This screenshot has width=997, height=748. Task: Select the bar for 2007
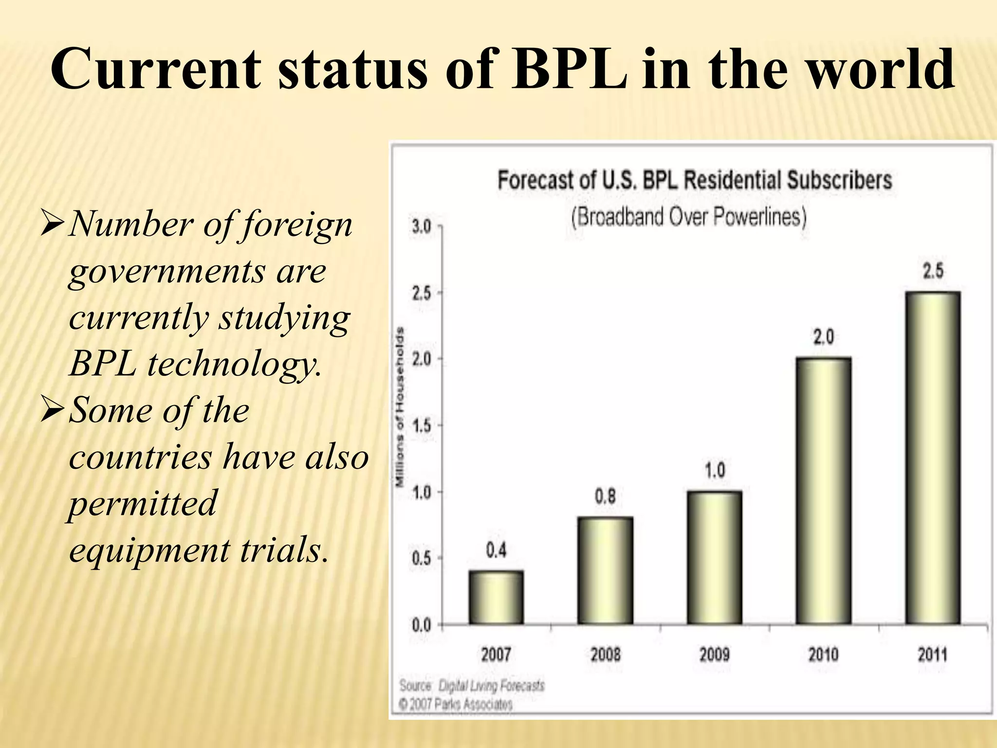[496, 598]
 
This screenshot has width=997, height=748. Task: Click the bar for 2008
[605, 571]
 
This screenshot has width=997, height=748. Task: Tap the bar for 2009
[714, 558]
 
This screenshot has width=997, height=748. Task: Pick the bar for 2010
[823, 491]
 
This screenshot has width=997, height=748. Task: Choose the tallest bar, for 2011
[932, 458]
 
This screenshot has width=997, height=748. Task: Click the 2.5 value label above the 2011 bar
[933, 271]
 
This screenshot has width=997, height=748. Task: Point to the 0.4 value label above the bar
[496, 550]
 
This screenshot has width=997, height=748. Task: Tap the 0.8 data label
[605, 496]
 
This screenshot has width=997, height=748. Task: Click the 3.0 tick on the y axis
[422, 227]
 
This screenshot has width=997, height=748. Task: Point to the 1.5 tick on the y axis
[422, 426]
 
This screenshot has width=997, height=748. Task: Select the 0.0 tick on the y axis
[422, 625]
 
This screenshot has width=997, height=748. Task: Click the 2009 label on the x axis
[714, 654]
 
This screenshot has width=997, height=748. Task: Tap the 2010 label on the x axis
[823, 654]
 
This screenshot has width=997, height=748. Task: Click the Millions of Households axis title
[400, 407]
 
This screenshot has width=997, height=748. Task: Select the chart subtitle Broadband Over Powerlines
[688, 217]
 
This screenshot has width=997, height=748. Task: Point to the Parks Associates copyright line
[456, 704]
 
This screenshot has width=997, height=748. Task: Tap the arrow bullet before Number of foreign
[52, 224]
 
